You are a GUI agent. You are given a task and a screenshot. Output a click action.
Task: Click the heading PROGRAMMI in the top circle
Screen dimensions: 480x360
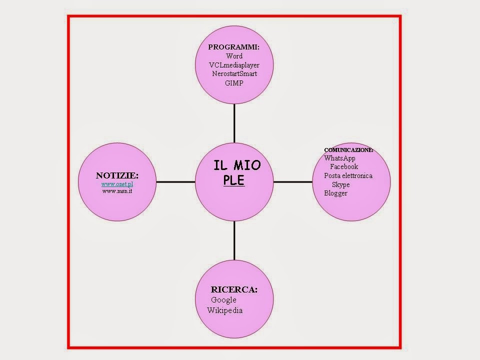tap(233, 47)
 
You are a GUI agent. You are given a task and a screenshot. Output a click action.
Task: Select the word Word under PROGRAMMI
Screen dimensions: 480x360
tap(234, 56)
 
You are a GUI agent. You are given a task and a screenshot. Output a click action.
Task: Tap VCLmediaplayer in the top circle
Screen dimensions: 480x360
tap(234, 65)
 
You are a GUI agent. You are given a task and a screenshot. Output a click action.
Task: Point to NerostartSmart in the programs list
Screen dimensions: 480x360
tap(234, 74)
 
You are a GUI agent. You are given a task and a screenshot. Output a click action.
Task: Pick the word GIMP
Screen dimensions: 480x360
tap(234, 83)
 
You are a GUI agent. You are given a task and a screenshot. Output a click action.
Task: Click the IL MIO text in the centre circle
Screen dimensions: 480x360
tap(236, 165)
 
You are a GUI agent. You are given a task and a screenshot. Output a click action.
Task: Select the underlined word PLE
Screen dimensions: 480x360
tap(234, 180)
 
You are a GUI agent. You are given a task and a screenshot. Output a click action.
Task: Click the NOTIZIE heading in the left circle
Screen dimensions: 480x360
tap(117, 175)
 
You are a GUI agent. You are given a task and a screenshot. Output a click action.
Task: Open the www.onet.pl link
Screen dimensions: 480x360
tap(117, 184)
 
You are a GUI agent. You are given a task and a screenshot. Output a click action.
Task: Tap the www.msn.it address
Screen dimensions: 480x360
tap(117, 191)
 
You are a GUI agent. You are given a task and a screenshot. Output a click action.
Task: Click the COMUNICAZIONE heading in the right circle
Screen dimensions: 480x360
tap(348, 150)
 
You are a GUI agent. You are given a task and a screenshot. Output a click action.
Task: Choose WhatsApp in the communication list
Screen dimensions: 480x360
tap(339, 158)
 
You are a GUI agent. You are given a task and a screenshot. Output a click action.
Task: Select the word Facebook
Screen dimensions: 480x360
tap(344, 167)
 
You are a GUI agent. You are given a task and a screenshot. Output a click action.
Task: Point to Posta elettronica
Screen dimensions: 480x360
tap(348, 175)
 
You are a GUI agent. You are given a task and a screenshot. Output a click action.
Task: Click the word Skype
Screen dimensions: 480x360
tap(340, 184)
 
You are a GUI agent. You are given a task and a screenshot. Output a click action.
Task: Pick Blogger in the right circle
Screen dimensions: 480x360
tap(335, 193)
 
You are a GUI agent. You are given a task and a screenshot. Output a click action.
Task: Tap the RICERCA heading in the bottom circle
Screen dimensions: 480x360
tap(234, 289)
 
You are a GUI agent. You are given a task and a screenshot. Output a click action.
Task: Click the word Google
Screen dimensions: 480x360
tap(223, 300)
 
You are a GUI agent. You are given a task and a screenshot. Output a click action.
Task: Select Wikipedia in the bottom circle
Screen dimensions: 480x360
tap(225, 310)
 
